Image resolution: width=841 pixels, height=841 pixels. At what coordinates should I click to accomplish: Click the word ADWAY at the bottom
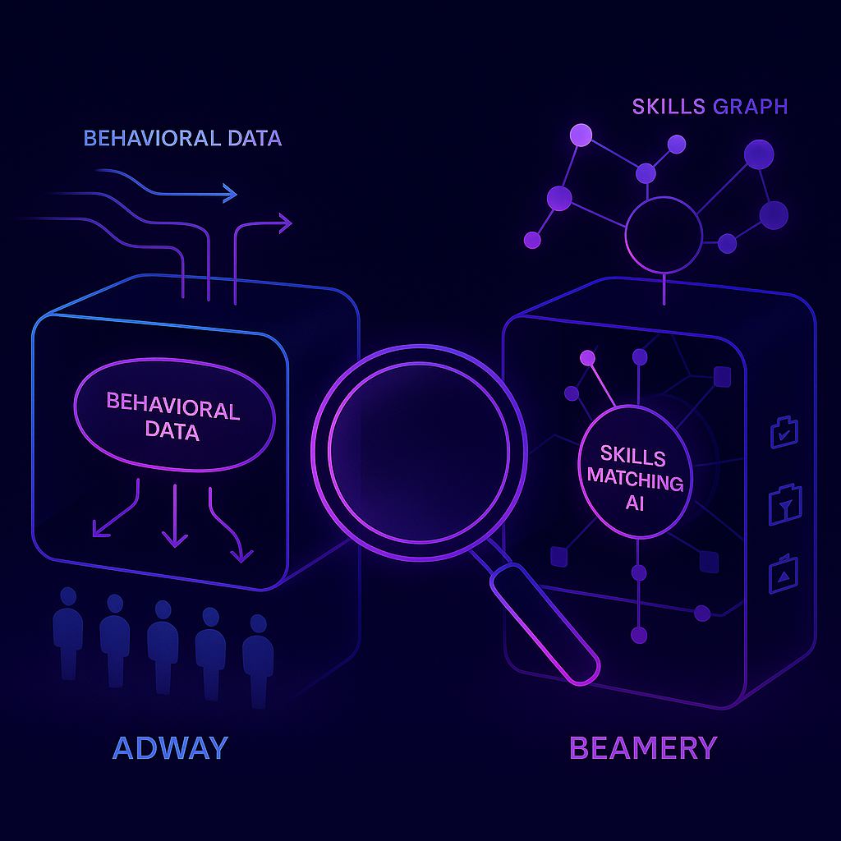coord(170,748)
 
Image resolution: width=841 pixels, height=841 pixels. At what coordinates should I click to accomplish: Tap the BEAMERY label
coord(643,748)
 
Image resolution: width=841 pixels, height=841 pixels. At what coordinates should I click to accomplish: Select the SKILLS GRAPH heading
coord(710,107)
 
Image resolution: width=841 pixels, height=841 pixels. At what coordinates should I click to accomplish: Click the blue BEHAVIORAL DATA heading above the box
coord(182,138)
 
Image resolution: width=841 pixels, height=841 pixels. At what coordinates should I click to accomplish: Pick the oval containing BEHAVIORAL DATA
coord(172,417)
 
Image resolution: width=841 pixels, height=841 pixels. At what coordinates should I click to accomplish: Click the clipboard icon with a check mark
coord(783,433)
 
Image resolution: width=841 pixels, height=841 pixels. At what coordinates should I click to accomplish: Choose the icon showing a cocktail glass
coord(783,504)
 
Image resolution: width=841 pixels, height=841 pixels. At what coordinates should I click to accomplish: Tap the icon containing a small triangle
coord(783,575)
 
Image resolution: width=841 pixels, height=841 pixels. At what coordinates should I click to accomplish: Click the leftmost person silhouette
coord(67,632)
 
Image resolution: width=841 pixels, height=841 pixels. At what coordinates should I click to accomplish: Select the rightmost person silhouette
coord(258,657)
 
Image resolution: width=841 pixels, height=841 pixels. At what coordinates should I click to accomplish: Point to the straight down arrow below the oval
coord(175,517)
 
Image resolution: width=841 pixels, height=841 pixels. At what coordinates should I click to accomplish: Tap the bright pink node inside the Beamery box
coord(587,357)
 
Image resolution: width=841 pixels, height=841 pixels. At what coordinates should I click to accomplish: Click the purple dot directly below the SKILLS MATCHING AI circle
coord(639,572)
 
